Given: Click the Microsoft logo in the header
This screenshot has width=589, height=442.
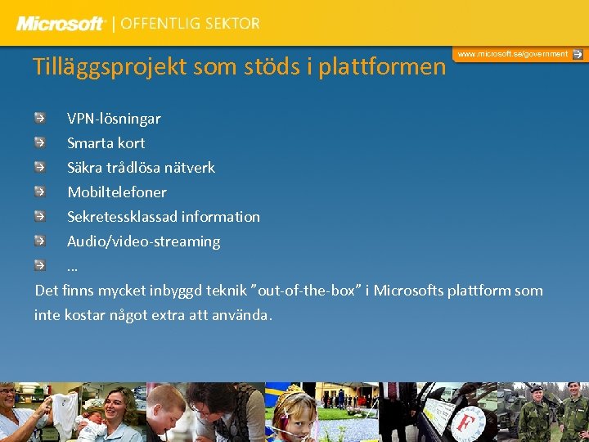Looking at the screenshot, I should coord(61,24).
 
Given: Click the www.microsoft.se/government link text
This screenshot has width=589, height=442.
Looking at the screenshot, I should coord(512,54).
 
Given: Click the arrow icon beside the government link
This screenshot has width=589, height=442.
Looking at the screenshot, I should coord(578,54).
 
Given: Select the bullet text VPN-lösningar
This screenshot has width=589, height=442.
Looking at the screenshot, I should coord(114,119).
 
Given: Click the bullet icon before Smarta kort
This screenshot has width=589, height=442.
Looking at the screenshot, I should coord(40,142).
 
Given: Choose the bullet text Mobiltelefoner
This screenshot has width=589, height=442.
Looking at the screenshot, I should coord(117,192).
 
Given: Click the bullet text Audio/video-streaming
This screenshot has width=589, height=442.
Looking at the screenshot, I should coord(143,241).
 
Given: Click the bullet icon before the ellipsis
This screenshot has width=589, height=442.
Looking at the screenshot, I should coord(40,265).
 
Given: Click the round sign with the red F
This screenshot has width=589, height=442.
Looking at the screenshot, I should coord(467,425).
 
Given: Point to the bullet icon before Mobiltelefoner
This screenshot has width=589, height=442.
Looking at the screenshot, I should coord(40,192).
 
